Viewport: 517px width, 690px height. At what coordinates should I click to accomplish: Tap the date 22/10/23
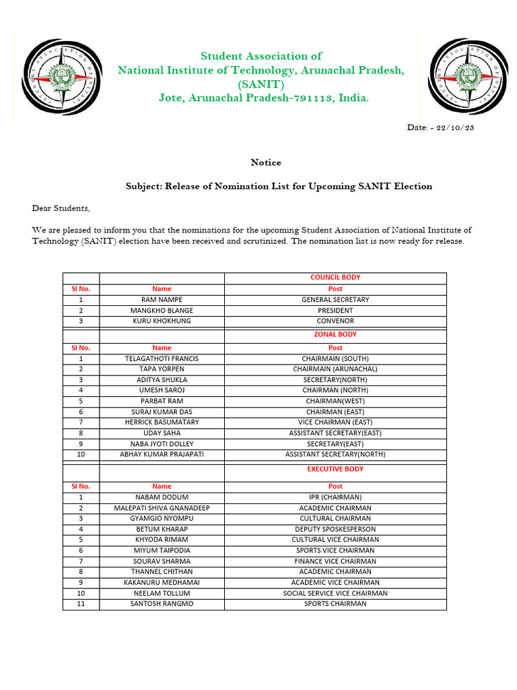pyautogui.click(x=458, y=127)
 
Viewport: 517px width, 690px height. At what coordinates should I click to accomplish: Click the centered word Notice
pyautogui.click(x=266, y=162)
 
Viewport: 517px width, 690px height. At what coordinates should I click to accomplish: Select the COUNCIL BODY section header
pyautogui.click(x=335, y=277)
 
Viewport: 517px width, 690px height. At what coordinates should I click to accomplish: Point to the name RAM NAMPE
pyautogui.click(x=162, y=299)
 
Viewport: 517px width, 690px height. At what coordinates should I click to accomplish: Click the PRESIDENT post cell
pyautogui.click(x=335, y=310)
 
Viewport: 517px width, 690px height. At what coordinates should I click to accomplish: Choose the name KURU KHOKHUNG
pyautogui.click(x=162, y=321)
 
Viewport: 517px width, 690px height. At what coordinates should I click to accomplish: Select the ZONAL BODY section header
pyautogui.click(x=335, y=334)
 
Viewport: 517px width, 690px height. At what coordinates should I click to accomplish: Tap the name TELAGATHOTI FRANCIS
pyautogui.click(x=162, y=358)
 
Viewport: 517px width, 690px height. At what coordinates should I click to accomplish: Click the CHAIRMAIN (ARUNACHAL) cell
pyautogui.click(x=335, y=369)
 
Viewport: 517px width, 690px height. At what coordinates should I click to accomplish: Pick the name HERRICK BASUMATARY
pyautogui.click(x=162, y=422)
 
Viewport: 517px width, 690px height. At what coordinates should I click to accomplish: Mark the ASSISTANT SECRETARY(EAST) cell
pyautogui.click(x=335, y=433)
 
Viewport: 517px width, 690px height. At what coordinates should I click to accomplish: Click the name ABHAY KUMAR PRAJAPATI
pyautogui.click(x=162, y=454)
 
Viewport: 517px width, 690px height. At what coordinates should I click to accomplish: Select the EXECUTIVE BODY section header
pyautogui.click(x=335, y=468)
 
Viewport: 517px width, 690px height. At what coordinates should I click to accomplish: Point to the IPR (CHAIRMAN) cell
pyautogui.click(x=335, y=497)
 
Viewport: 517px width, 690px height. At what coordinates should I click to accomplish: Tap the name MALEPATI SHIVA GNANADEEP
pyautogui.click(x=162, y=508)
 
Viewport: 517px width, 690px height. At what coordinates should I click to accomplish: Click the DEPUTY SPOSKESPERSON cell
pyautogui.click(x=335, y=529)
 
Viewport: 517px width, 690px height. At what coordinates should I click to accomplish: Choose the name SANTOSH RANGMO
pyautogui.click(x=162, y=604)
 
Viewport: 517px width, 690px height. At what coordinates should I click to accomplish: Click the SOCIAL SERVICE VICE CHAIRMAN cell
pyautogui.click(x=335, y=593)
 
